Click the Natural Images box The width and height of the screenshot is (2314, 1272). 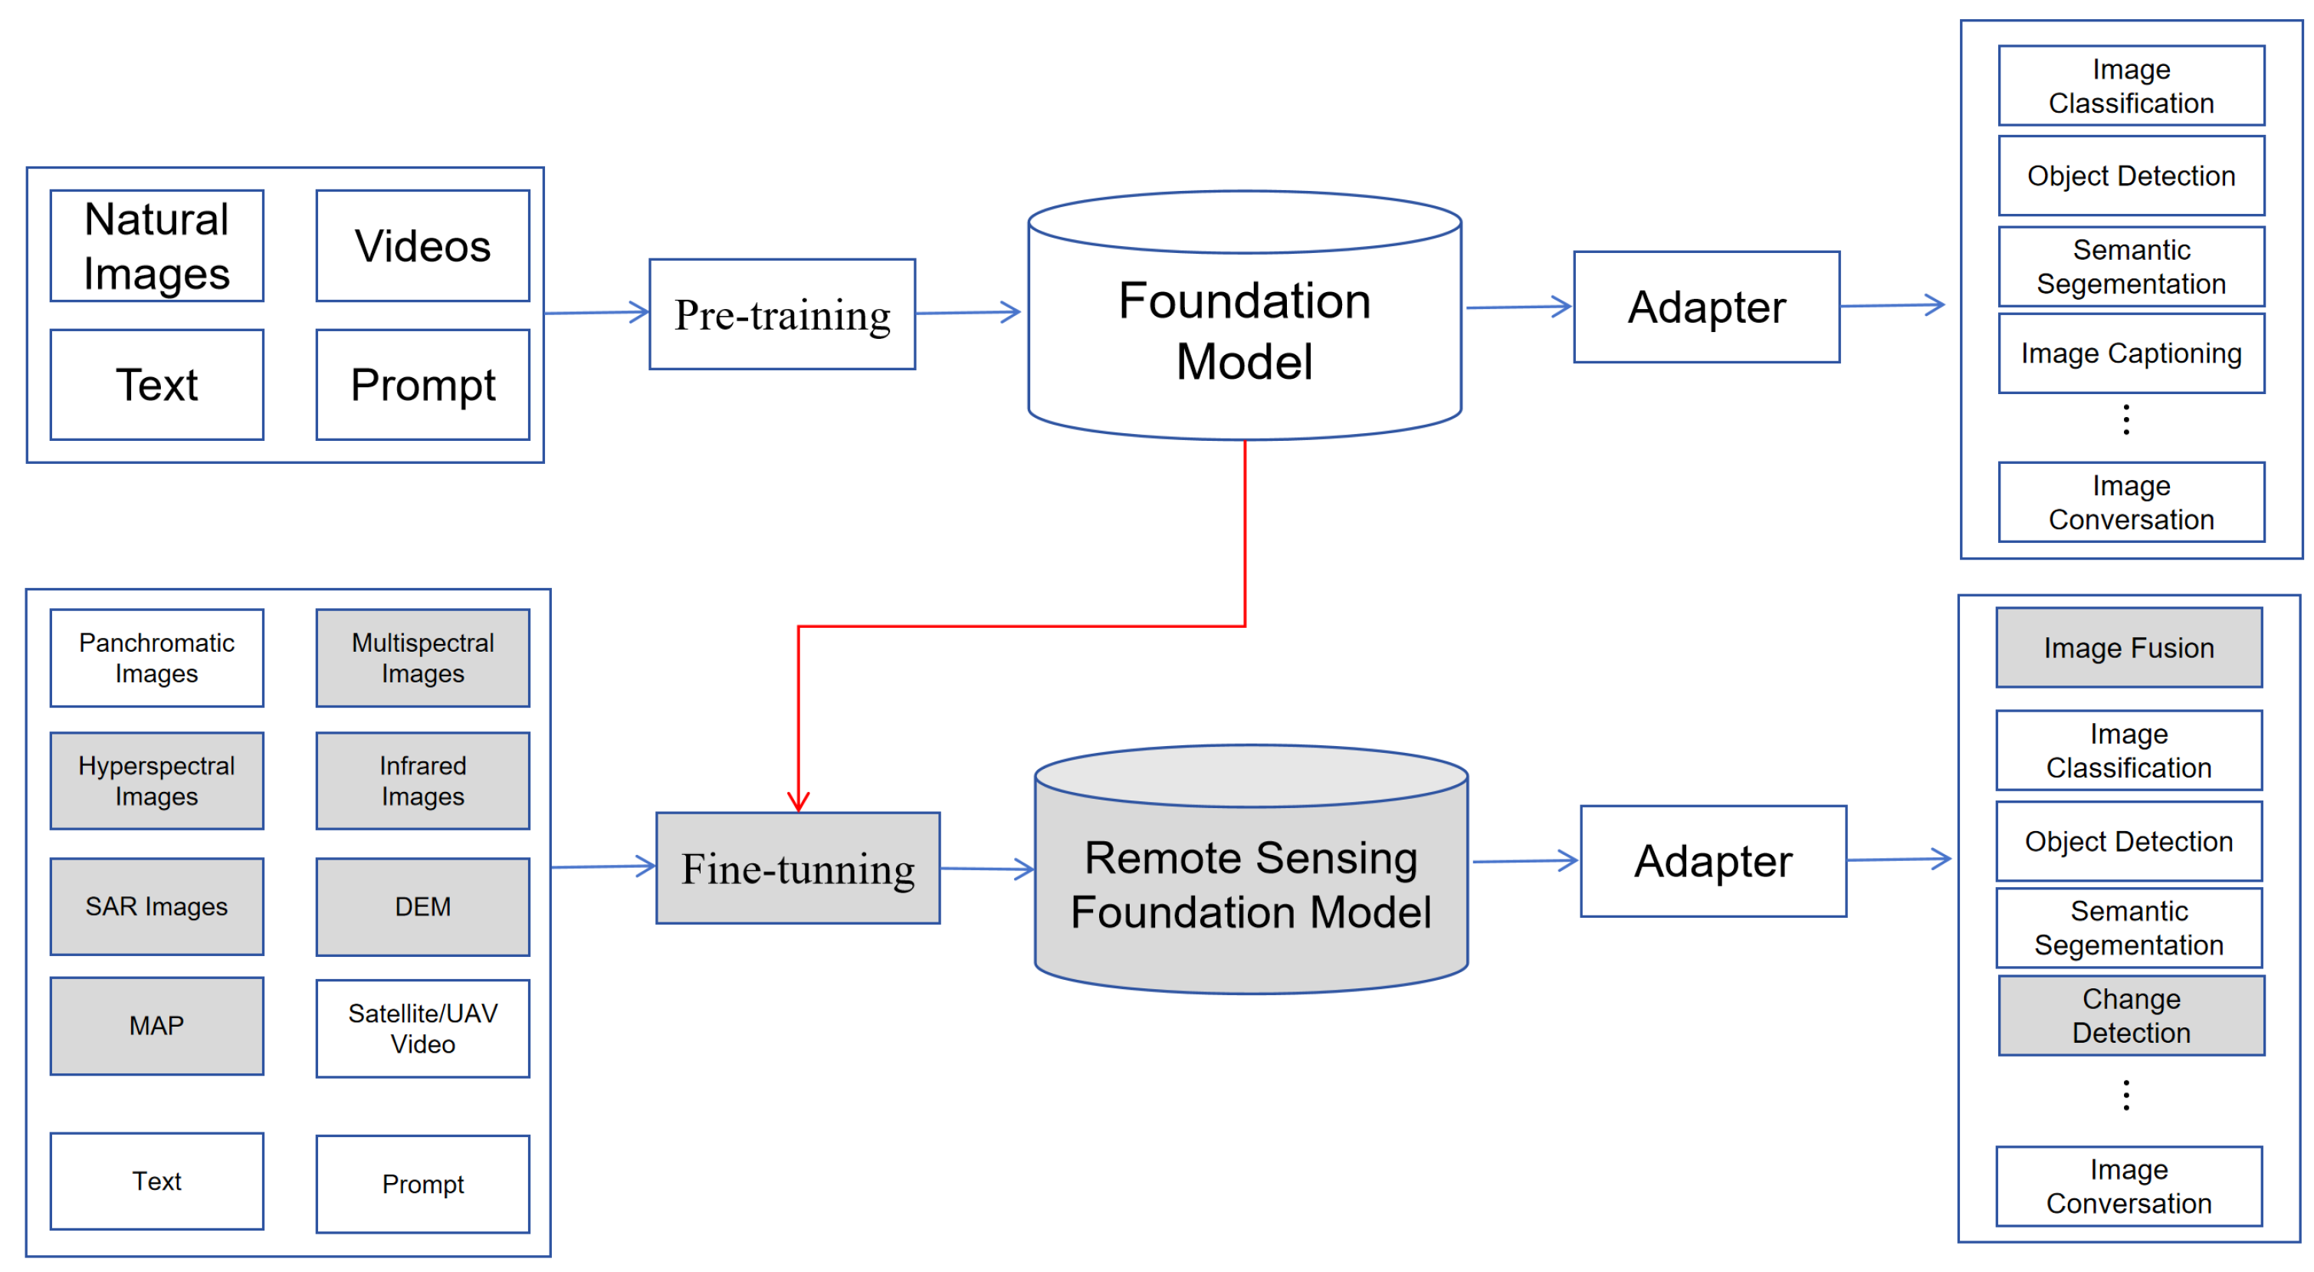tap(156, 245)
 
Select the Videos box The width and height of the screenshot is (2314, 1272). tap(422, 245)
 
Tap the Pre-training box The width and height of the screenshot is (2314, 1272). tap(782, 314)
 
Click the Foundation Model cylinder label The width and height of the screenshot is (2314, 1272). tap(1244, 330)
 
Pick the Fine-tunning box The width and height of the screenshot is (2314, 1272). tap(798, 868)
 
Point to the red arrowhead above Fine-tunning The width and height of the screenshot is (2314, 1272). tap(798, 801)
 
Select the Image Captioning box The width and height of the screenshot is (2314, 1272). tap(2131, 353)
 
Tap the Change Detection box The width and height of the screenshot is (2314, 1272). tap(2131, 1015)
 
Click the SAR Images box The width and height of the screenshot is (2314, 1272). tap(156, 906)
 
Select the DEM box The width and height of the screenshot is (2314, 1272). tap(422, 906)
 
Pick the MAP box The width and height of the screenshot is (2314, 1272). tap(156, 1026)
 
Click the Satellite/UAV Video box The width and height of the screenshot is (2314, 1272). tap(422, 1028)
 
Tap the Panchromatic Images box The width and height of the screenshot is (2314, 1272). tap(156, 658)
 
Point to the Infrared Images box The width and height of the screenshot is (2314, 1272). tap(422, 781)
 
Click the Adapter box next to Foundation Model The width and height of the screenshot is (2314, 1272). tap(1706, 307)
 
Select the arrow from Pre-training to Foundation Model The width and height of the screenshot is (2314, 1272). tap(968, 313)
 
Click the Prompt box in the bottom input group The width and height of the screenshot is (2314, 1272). tap(422, 1184)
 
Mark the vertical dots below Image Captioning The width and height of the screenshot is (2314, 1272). tap(2125, 419)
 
